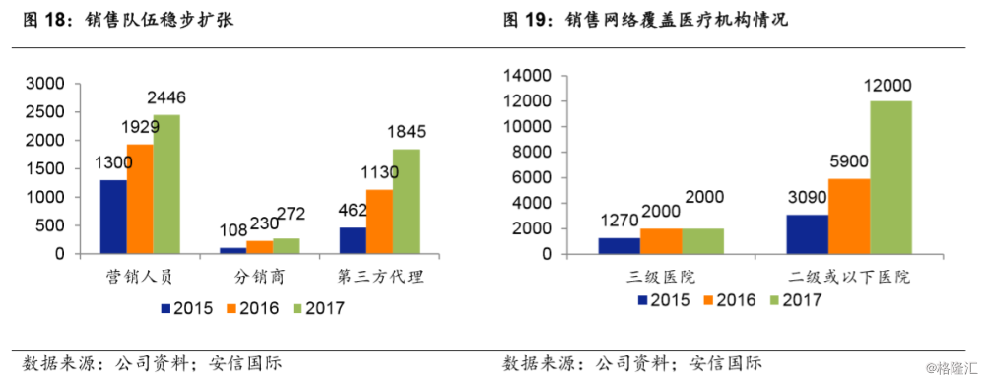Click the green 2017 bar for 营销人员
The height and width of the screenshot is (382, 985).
pos(166,184)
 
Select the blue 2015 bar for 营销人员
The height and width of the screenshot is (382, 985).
pos(113,217)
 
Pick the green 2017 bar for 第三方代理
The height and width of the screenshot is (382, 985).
pos(406,201)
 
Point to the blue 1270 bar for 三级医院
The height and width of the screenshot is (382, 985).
pos(619,245)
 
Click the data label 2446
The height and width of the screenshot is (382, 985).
pos(166,97)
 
